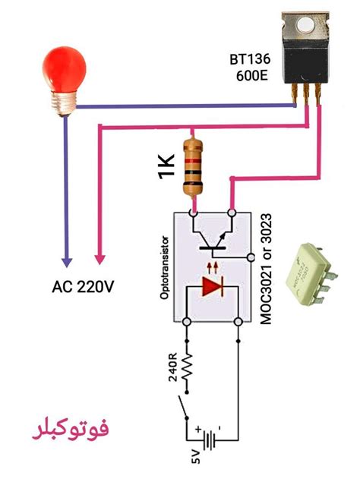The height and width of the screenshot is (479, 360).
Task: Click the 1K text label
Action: [166, 167]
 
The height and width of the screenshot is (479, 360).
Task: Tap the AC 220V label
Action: [84, 287]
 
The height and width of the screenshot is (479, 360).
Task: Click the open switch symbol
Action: [185, 405]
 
